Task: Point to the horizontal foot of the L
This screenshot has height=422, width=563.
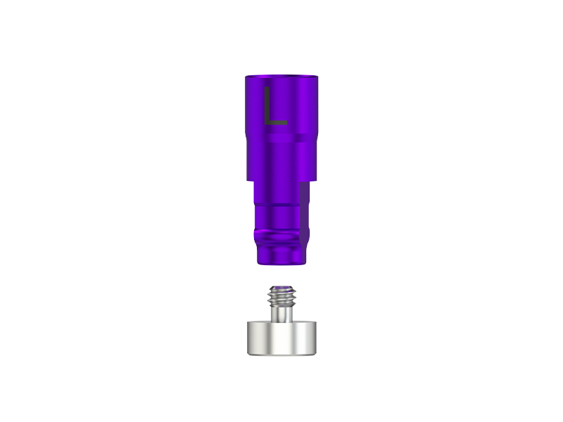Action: tap(276, 123)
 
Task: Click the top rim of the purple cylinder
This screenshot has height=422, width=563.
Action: tap(281, 75)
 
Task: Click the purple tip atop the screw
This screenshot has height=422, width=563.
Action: tap(281, 286)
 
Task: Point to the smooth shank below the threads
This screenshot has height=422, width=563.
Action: tap(281, 314)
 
